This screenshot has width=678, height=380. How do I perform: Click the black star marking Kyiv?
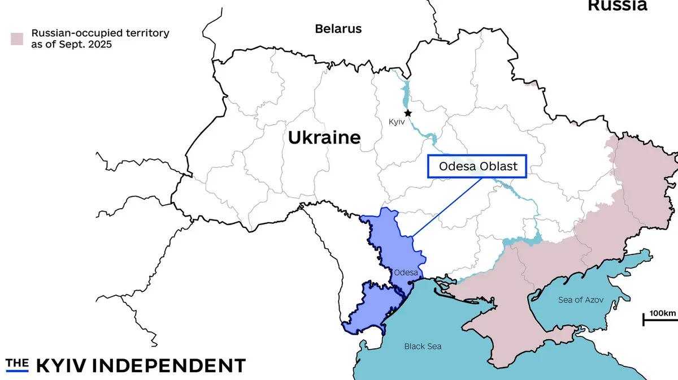[x=408, y=113]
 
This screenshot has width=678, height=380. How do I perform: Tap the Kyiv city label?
[x=397, y=122]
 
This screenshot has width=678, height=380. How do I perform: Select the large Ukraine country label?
[x=324, y=137]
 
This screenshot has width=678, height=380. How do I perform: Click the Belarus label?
[x=338, y=28]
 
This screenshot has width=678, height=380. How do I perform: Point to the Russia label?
[x=617, y=6]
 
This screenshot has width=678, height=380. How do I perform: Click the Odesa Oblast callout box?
[x=477, y=166]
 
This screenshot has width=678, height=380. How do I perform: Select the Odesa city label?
[x=406, y=273]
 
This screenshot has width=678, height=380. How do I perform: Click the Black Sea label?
[x=423, y=346]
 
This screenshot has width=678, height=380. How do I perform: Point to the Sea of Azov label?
[x=585, y=300]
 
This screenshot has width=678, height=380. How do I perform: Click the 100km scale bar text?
[x=662, y=313]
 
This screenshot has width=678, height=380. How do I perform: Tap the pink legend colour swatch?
[x=17, y=38]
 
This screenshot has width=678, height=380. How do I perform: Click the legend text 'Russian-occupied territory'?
[x=99, y=33]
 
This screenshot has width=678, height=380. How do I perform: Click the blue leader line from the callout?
[x=446, y=208]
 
